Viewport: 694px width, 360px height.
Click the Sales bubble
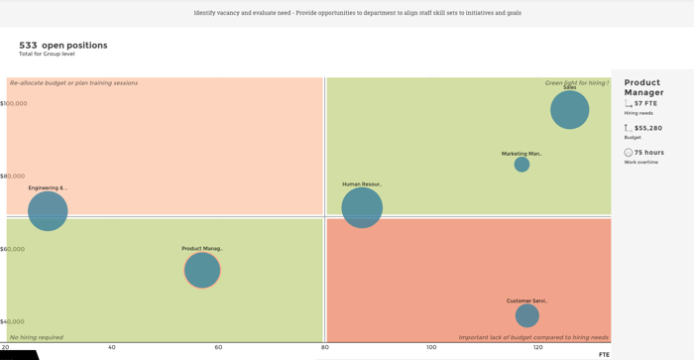(x=569, y=109)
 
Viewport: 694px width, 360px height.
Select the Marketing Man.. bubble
(x=521, y=165)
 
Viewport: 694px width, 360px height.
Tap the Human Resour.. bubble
(x=362, y=207)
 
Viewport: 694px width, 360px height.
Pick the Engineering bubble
(x=48, y=210)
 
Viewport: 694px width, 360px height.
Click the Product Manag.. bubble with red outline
(x=202, y=270)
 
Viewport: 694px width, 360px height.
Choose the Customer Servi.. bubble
(x=526, y=315)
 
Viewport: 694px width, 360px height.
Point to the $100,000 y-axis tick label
(x=14, y=103)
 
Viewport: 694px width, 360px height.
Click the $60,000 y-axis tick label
(x=12, y=249)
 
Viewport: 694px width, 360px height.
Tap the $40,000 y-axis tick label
(x=12, y=321)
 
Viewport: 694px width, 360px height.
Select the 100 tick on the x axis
(x=431, y=347)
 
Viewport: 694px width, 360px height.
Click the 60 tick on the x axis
(x=218, y=347)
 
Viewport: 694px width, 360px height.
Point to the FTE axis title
(x=604, y=354)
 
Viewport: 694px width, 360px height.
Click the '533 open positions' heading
(x=63, y=45)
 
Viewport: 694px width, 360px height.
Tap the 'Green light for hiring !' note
(x=576, y=83)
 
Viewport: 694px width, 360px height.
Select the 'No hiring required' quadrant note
(x=37, y=337)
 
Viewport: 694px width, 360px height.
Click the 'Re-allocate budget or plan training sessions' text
(x=73, y=83)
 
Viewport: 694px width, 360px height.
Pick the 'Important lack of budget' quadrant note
(x=532, y=337)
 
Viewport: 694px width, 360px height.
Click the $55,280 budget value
(x=647, y=128)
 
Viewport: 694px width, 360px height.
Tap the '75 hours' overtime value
(x=648, y=153)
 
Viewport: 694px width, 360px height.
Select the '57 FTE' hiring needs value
(x=645, y=103)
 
